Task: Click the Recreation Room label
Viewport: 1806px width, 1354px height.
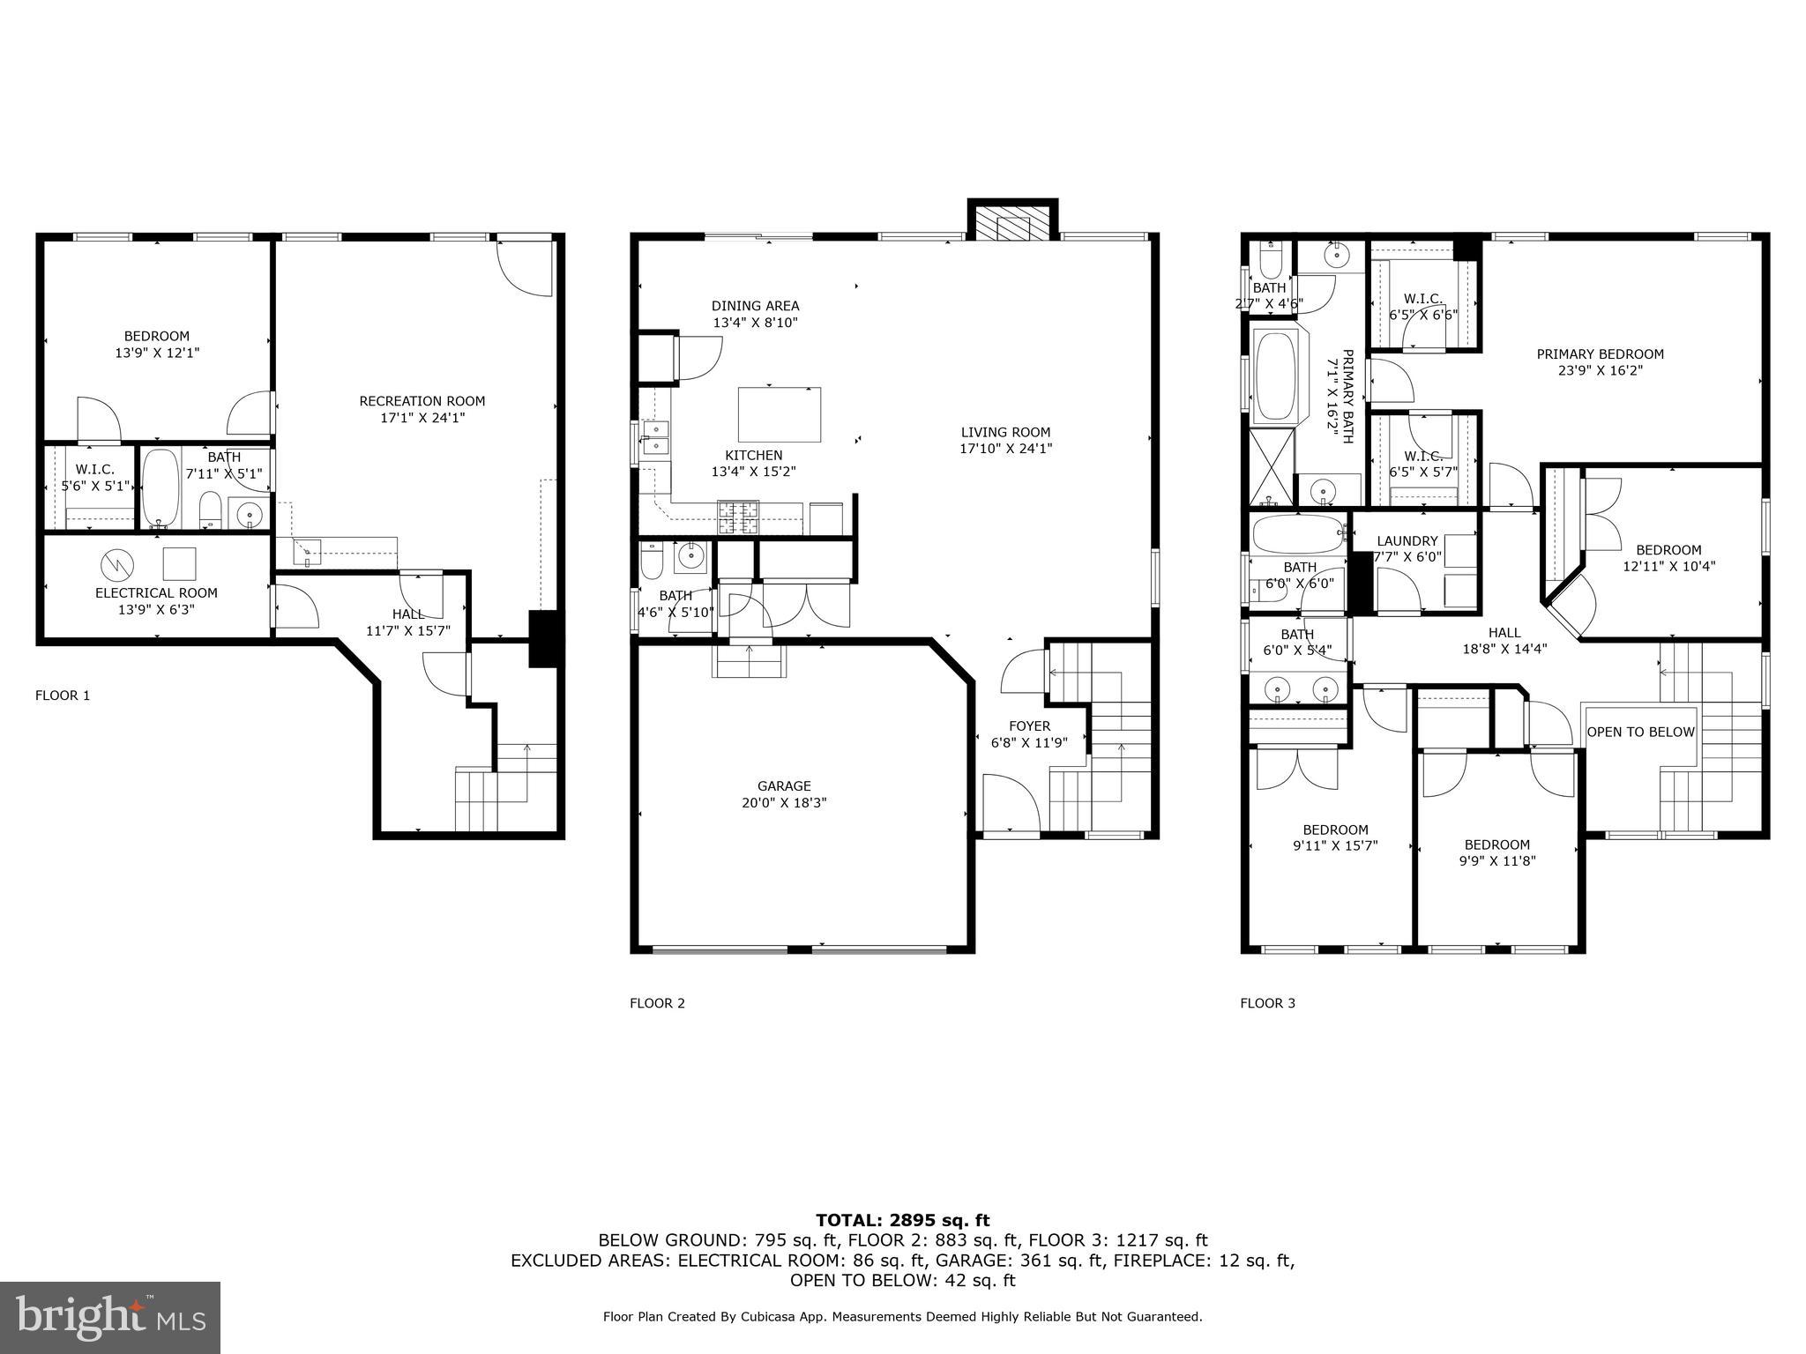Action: pos(422,401)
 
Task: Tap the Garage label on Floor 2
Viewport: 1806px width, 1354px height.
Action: pos(783,786)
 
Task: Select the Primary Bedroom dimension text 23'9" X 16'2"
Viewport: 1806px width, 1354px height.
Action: pos(1600,371)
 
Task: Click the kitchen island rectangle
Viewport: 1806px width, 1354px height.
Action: pos(780,414)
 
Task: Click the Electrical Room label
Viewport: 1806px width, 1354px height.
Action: pos(156,593)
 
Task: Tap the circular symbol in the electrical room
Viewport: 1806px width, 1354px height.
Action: pos(116,562)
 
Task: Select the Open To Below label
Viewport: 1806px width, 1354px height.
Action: pos(1640,732)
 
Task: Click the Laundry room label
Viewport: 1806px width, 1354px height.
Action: pos(1407,541)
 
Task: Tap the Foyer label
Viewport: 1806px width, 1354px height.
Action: pos(1029,726)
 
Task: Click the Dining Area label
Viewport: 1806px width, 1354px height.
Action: pos(755,306)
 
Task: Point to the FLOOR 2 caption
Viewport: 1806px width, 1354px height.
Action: pos(656,1003)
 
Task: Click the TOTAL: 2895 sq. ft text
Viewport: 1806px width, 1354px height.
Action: pos(902,1221)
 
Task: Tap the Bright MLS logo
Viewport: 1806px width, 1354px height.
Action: pos(110,1317)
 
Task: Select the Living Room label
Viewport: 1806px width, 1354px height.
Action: pos(1005,432)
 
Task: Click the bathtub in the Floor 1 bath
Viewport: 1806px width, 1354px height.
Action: pos(160,488)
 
